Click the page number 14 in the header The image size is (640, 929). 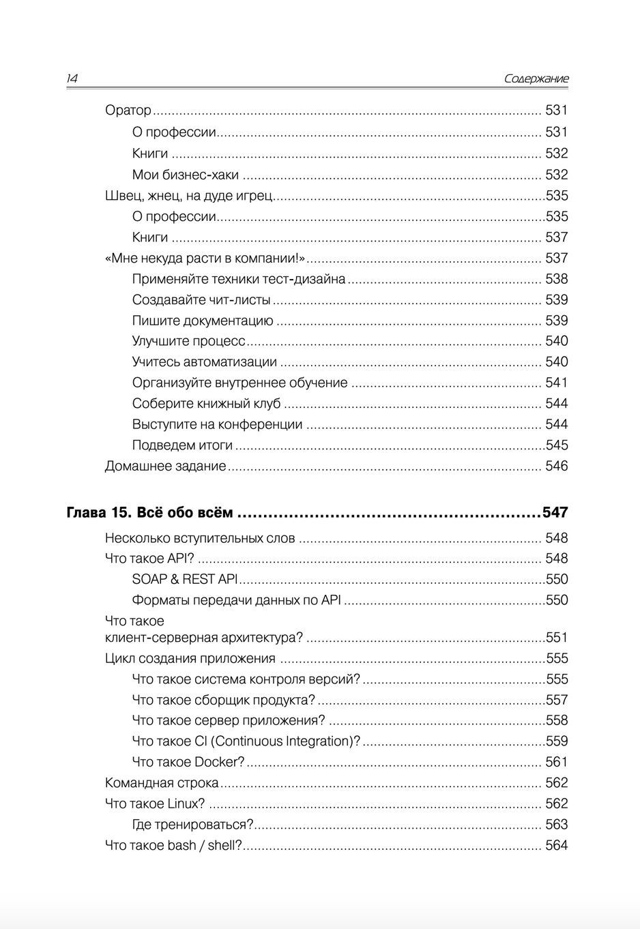(x=72, y=79)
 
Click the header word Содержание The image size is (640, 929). (x=536, y=79)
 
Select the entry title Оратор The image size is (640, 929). (x=128, y=110)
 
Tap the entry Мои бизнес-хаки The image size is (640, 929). (x=186, y=175)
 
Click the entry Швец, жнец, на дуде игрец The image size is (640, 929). (x=189, y=196)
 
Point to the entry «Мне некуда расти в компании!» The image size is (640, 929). (x=205, y=258)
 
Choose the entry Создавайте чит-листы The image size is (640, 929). (x=201, y=299)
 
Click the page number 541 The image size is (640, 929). (x=556, y=383)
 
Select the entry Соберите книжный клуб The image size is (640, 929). (x=206, y=404)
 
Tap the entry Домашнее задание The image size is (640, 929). (x=165, y=466)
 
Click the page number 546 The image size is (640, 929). (x=556, y=466)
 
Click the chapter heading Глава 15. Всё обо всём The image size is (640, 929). (x=149, y=512)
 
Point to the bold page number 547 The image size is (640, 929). (x=555, y=512)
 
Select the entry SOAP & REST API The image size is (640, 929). (x=185, y=579)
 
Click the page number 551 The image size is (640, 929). (x=557, y=638)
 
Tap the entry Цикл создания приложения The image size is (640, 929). (x=190, y=658)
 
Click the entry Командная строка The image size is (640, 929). (x=162, y=782)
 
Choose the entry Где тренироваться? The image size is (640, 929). (x=192, y=824)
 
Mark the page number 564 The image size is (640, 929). (x=556, y=845)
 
